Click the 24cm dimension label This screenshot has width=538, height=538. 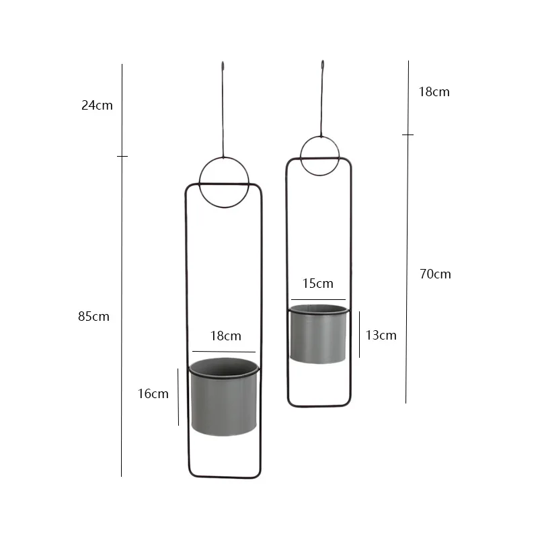(x=97, y=105)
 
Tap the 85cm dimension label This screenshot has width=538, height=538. (x=93, y=316)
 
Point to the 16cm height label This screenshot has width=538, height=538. (x=153, y=394)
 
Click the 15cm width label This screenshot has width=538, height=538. (x=317, y=283)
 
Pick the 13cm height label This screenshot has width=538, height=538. (x=381, y=335)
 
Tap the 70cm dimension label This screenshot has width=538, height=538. (x=435, y=274)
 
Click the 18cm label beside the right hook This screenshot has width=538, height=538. (x=434, y=91)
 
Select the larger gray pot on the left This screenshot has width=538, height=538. (x=223, y=400)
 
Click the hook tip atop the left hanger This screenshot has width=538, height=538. (x=223, y=65)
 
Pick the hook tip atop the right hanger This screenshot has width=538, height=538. (x=322, y=65)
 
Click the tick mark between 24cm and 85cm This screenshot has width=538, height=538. (x=122, y=156)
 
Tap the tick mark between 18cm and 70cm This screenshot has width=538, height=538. (x=408, y=134)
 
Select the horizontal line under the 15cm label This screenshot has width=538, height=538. (x=318, y=299)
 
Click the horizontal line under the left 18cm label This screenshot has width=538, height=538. (x=223, y=351)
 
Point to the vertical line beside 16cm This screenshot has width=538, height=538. (x=178, y=397)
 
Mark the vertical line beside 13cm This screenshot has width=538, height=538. (x=359, y=334)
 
